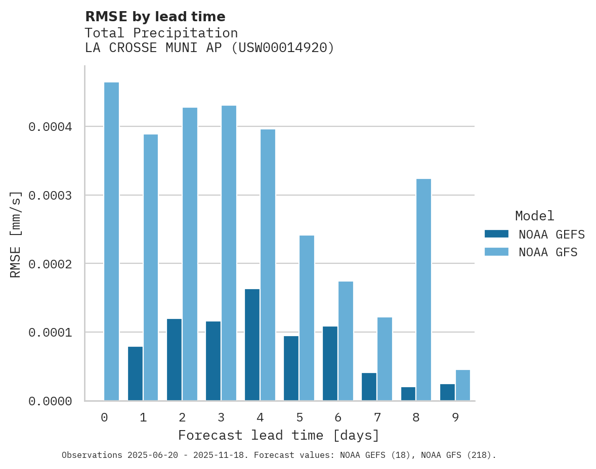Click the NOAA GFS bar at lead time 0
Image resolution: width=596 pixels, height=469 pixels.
click(x=111, y=242)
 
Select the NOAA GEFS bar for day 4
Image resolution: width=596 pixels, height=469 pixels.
click(x=252, y=345)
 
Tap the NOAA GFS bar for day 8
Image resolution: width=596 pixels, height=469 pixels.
click(x=423, y=290)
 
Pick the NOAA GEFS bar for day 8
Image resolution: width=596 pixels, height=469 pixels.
click(x=408, y=394)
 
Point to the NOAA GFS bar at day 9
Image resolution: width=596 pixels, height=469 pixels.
click(x=462, y=385)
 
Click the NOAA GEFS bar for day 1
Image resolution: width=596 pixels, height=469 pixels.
click(x=135, y=373)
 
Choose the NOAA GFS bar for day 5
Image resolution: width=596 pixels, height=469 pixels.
click(x=307, y=318)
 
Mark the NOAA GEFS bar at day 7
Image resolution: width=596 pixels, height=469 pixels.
click(x=369, y=387)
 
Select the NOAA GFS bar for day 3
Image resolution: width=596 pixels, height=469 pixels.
click(x=229, y=253)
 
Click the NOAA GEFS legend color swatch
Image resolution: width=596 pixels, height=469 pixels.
click(x=496, y=234)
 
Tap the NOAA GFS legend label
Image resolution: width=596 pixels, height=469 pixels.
click(x=548, y=252)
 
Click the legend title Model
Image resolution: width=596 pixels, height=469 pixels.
click(x=534, y=216)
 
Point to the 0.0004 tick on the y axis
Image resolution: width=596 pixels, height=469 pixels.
click(x=50, y=126)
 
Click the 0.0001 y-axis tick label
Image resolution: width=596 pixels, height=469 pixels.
click(x=50, y=333)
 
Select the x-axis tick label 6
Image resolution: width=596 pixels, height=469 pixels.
click(x=338, y=418)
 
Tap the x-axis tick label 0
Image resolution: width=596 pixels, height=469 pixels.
click(x=104, y=418)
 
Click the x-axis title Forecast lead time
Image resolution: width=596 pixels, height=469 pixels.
click(x=279, y=435)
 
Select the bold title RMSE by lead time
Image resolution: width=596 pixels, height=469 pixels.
click(x=155, y=17)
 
